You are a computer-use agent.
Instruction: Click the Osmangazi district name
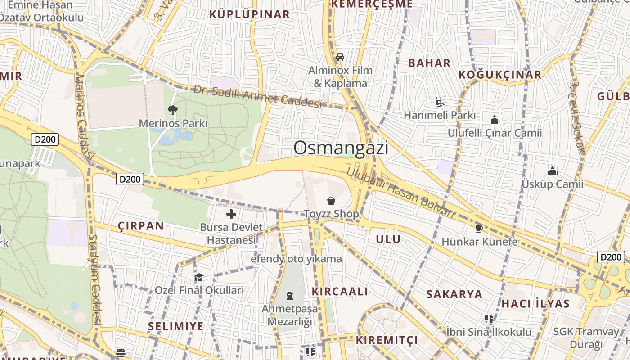[341, 148]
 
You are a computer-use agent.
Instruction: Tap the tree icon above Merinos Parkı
[172, 110]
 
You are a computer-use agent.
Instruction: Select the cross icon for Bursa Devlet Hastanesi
[231, 214]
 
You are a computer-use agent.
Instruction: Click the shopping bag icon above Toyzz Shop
[331, 201]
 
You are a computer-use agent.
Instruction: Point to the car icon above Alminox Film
[340, 57]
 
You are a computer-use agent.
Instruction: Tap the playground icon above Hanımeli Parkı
[440, 102]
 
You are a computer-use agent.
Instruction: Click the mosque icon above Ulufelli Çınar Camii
[495, 120]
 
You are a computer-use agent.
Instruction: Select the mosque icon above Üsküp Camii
[553, 171]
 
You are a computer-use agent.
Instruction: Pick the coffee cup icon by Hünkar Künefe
[479, 229]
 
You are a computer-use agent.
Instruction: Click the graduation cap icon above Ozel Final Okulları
[199, 277]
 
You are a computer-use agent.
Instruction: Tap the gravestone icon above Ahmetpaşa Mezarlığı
[290, 296]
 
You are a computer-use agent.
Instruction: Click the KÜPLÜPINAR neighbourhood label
[250, 14]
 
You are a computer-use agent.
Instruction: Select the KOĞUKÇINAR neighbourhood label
[500, 75]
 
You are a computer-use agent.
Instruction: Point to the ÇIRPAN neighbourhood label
[141, 226]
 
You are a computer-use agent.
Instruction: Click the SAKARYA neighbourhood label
[454, 294]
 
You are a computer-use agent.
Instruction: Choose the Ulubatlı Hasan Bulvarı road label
[401, 193]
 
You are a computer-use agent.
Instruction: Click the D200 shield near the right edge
[611, 257]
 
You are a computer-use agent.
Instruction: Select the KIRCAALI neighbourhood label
[340, 291]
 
